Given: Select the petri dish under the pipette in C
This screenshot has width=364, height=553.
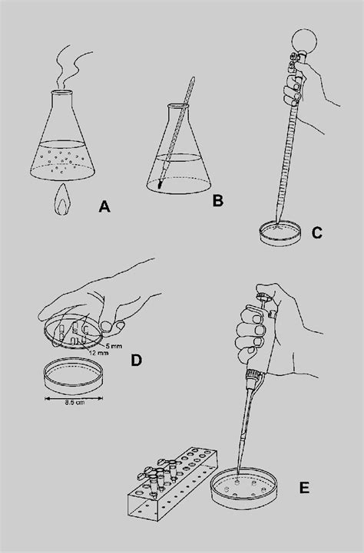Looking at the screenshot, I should coord(277,233).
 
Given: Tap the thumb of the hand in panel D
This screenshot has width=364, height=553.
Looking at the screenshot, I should coord(114,328).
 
